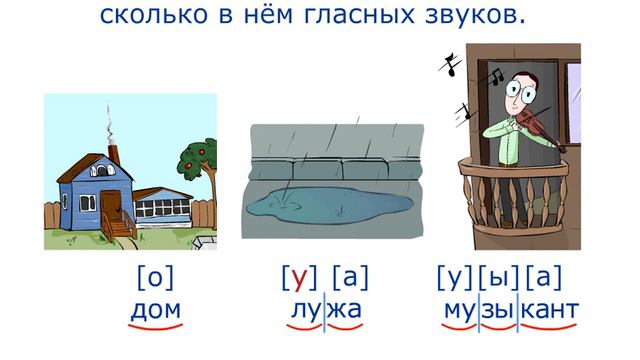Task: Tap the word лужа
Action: (325, 309)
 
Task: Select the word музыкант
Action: (510, 309)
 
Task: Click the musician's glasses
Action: (521, 89)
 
